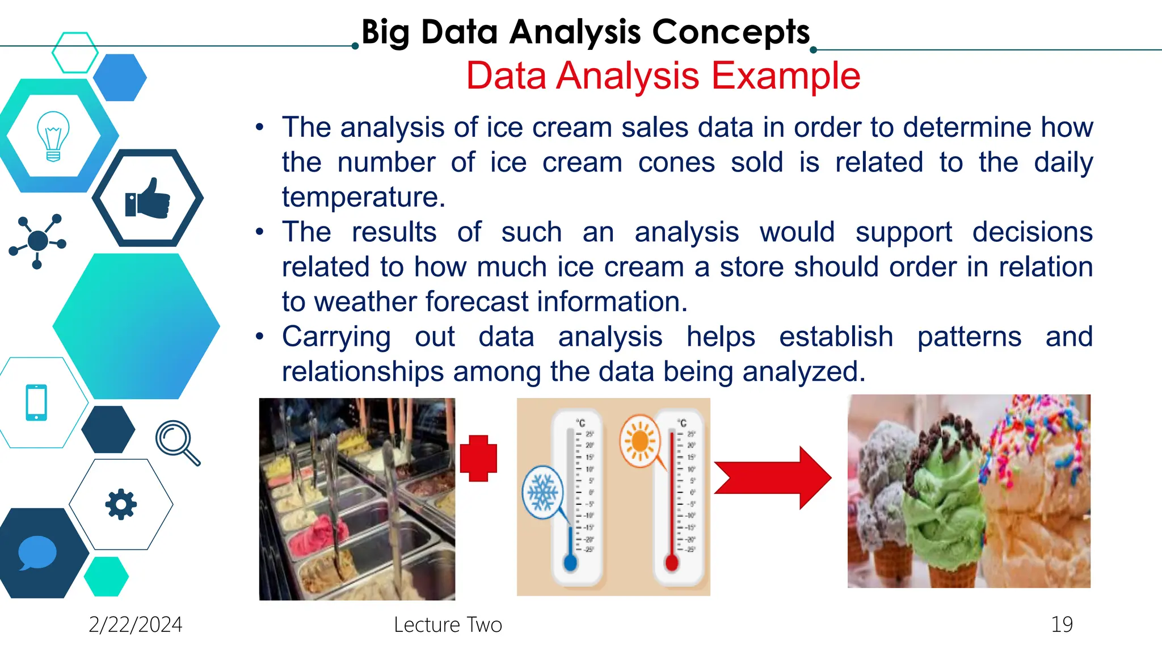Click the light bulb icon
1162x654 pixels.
pos(53,136)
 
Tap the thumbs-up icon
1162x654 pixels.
pos(148,199)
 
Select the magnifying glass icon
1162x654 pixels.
pos(176,442)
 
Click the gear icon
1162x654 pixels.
pos(121,504)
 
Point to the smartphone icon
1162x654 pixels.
pos(36,403)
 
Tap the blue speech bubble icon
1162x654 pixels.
pos(37,552)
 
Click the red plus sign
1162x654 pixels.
pos(478,458)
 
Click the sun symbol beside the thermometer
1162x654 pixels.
pos(640,441)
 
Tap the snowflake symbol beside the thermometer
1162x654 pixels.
pos(542,492)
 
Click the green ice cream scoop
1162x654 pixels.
pos(946,500)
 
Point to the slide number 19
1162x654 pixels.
pos(1061,624)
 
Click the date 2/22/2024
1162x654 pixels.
pos(136,624)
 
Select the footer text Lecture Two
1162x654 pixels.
pos(448,624)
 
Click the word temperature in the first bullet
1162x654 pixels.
pos(363,198)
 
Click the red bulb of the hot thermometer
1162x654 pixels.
pos(671,563)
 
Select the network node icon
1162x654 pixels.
pos(37,241)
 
